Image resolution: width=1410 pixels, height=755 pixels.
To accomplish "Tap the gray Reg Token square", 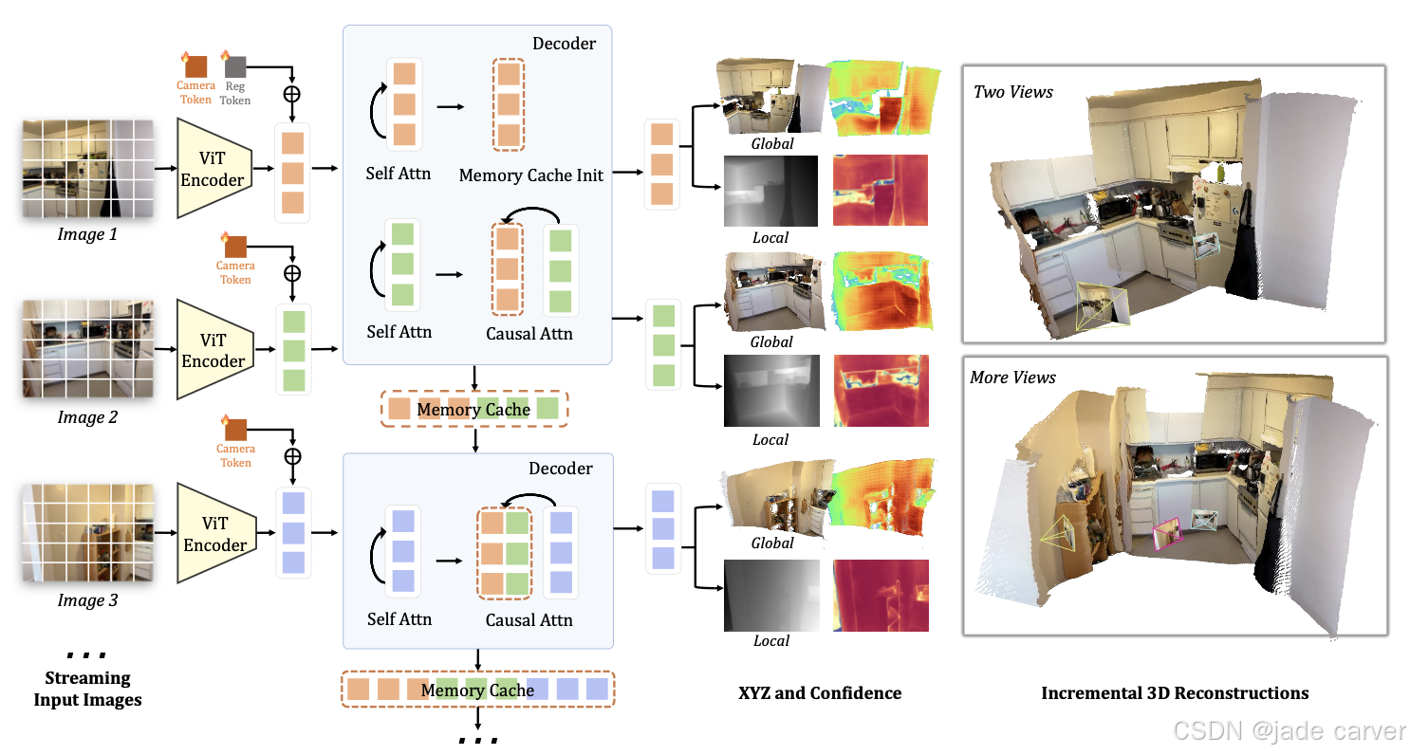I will point(235,66).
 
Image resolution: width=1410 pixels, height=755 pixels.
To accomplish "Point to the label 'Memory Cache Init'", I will point(530,175).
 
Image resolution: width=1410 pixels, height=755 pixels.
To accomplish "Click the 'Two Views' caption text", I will point(1013,92).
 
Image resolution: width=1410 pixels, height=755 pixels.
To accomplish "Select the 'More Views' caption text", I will point(1012,377).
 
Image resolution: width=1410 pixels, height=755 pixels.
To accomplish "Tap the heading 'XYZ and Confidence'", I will point(820,692).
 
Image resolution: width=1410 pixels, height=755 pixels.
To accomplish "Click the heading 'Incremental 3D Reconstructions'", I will point(1175,692).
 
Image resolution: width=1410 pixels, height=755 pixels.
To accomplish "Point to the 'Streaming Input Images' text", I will point(87,690).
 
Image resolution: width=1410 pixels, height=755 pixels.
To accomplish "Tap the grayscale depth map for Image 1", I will point(770,191).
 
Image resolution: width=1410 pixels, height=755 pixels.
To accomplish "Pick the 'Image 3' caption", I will point(87,600).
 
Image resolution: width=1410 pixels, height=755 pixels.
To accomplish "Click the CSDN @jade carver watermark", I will point(1289,731).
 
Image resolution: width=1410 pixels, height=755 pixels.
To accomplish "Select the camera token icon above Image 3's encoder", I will point(235,430).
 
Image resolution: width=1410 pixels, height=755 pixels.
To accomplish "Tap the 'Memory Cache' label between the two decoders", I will point(473,410).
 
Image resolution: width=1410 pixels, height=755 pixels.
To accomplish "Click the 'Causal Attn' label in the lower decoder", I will point(529,619).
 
